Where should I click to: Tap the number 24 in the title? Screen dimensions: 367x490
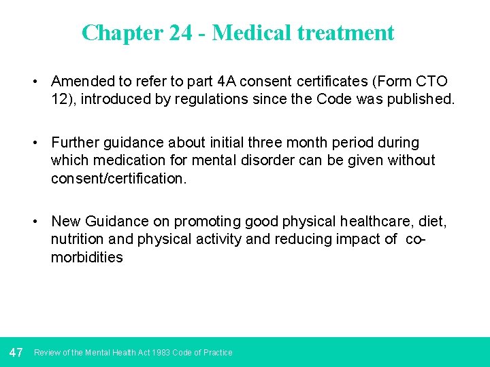point(180,33)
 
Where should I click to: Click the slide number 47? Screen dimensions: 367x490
point(16,352)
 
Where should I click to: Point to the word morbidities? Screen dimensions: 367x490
point(87,257)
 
